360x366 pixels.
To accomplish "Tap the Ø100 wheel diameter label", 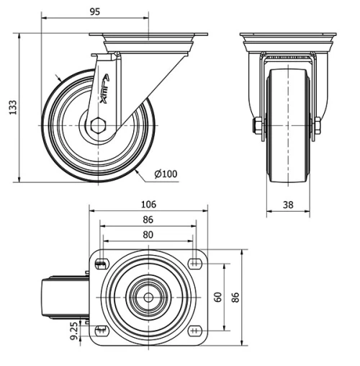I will (167, 173).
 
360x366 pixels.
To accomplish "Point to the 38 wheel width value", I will (287, 204).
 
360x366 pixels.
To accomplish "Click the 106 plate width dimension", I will (148, 203).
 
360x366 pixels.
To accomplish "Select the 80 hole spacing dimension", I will (148, 235).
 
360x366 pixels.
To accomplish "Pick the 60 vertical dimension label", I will (217, 295).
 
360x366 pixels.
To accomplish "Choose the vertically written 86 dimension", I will (234, 295).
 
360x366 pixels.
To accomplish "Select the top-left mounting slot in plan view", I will (99, 260).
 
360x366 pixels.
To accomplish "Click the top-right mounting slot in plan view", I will (196, 260).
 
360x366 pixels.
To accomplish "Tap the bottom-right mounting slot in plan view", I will (196, 331).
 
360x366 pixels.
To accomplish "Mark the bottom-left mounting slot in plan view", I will (99, 331).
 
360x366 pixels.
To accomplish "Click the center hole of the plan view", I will (148, 295).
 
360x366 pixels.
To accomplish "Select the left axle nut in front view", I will (258, 125).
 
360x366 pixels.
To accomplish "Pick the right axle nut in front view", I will (317, 125).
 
